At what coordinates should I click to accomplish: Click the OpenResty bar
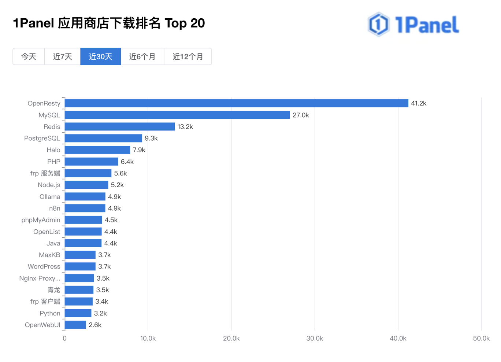point(236,103)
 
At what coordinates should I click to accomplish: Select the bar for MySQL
point(177,115)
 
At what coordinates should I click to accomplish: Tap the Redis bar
point(120,127)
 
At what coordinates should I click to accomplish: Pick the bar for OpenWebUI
point(75,325)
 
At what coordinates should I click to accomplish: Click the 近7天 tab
point(63,57)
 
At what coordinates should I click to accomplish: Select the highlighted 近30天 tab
point(101,57)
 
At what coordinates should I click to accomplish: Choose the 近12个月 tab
point(188,57)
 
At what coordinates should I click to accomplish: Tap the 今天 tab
point(29,57)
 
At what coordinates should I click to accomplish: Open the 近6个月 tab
point(142,57)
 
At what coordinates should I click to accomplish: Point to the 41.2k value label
point(419,104)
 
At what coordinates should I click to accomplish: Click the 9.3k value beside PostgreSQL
point(151,138)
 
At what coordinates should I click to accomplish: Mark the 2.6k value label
point(95,325)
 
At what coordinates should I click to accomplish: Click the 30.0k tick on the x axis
point(315,339)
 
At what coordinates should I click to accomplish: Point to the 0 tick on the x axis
point(65,339)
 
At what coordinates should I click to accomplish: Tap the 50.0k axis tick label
point(481,339)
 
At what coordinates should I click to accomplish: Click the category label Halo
point(53,150)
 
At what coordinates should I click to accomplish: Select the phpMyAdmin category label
point(41,220)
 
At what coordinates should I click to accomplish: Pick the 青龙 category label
point(54,290)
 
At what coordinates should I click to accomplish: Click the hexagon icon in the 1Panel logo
point(378,24)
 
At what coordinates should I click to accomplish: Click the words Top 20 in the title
point(185,23)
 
